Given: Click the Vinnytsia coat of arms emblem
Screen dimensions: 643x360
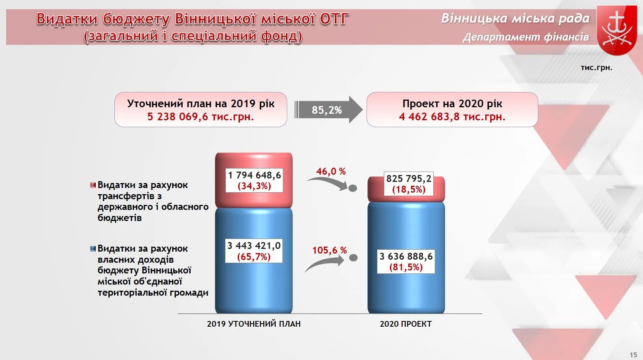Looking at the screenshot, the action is click(x=617, y=30).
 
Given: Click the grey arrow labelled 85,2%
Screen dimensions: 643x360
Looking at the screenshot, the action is click(x=328, y=110).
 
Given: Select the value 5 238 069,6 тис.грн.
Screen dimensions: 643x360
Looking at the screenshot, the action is click(x=201, y=117).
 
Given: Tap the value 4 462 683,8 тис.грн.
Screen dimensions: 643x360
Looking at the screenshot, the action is click(x=452, y=117).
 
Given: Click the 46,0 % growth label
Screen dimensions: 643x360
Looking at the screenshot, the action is click(x=331, y=172).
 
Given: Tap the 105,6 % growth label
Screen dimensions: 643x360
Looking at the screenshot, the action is click(x=330, y=250).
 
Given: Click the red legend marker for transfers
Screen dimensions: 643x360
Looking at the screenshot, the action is click(x=93, y=185).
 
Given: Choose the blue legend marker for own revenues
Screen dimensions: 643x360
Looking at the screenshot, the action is click(x=93, y=249).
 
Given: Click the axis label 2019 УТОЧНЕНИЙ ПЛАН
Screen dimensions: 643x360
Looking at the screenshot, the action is click(x=254, y=324).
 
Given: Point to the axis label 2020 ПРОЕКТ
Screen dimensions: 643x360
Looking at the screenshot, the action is click(x=406, y=324).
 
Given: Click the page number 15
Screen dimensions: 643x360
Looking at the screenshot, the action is click(x=633, y=355).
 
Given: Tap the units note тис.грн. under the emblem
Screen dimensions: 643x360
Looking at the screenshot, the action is click(x=596, y=67).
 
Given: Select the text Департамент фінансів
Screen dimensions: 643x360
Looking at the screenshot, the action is click(x=526, y=37).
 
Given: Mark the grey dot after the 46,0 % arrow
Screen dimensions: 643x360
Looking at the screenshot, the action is click(x=353, y=188).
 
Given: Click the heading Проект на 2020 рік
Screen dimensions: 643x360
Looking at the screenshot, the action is click(x=452, y=103).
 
